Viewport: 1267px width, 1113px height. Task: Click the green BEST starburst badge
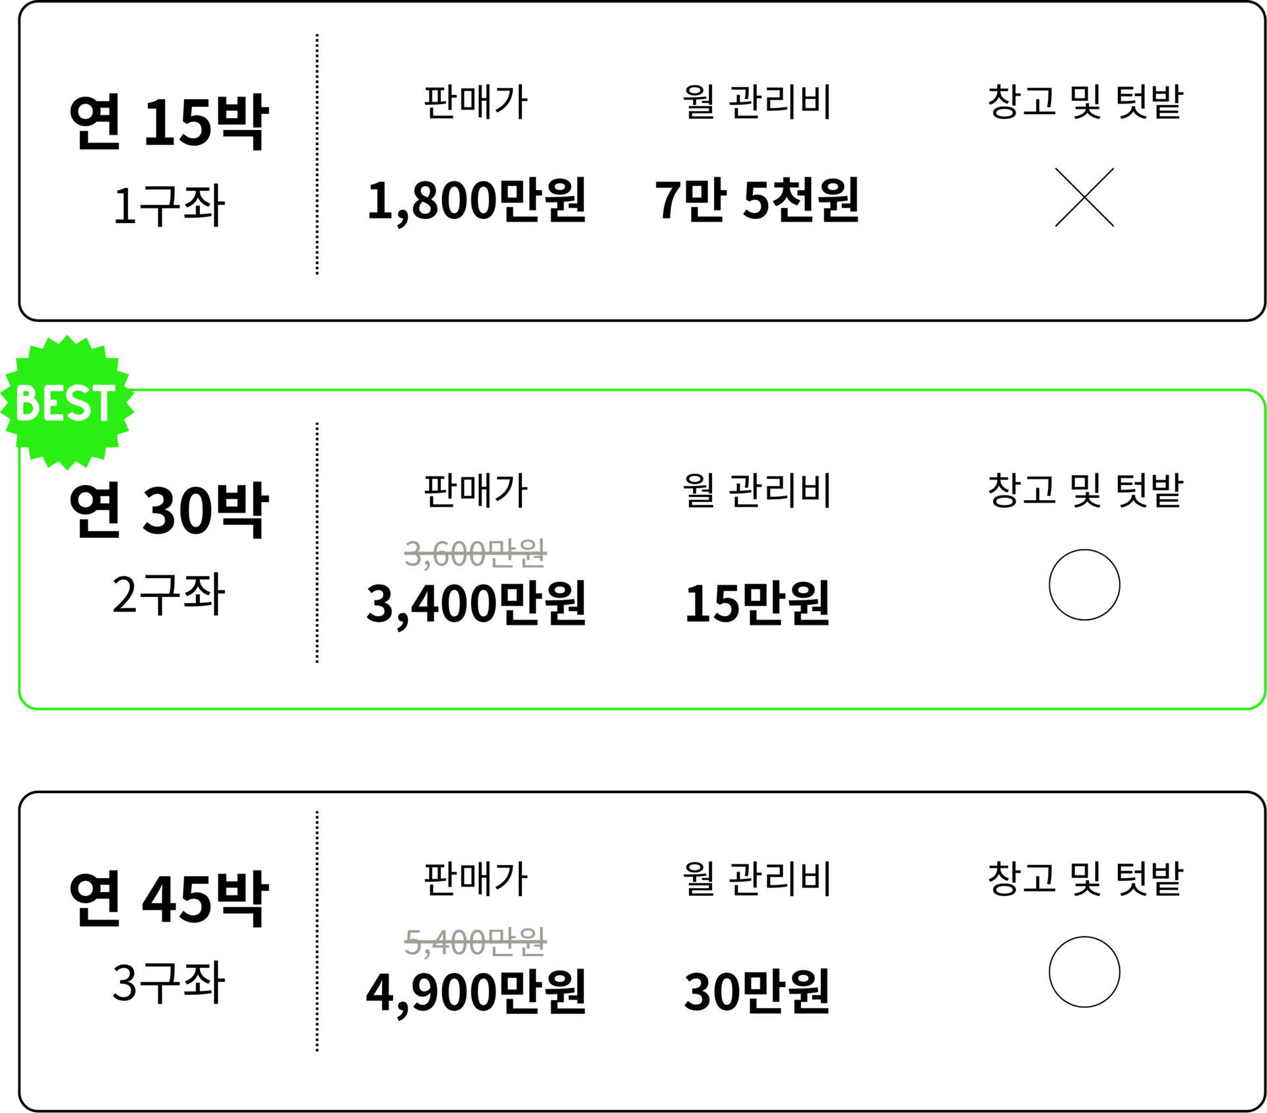click(67, 402)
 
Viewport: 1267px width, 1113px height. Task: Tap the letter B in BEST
click(28, 403)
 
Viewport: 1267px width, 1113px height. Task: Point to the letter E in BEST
click(53, 403)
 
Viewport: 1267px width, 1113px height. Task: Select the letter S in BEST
click(77, 403)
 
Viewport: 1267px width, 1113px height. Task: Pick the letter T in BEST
click(103, 403)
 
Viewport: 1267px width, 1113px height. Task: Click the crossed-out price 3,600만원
click(475, 554)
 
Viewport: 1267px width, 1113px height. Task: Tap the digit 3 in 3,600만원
click(413, 554)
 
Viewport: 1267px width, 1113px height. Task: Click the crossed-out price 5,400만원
click(475, 941)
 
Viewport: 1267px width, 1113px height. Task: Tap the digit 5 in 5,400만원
click(413, 941)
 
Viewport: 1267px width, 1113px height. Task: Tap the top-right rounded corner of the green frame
click(1259, 396)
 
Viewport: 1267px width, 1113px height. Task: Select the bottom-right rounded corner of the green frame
click(1259, 703)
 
